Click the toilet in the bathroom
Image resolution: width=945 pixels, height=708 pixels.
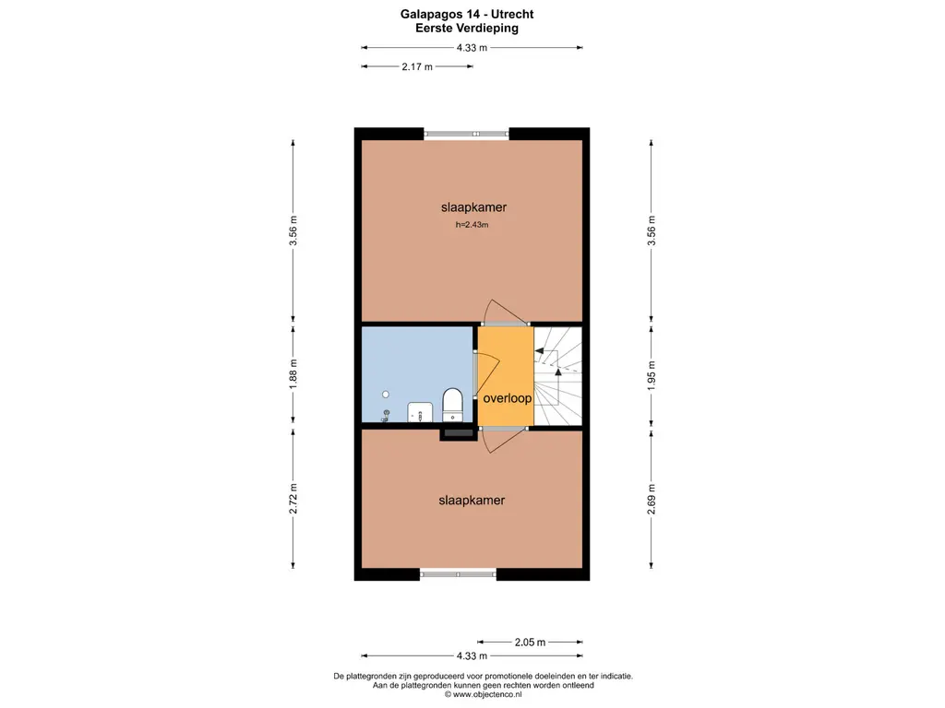(x=452, y=405)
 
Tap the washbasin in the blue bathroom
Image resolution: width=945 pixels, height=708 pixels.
(x=420, y=412)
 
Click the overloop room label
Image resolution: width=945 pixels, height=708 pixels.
(x=508, y=398)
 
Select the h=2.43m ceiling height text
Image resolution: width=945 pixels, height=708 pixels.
(x=472, y=225)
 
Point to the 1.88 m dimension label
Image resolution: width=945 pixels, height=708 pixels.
(x=293, y=374)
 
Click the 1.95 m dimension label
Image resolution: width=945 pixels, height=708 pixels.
(x=652, y=376)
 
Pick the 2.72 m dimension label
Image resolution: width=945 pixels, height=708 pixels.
(x=293, y=499)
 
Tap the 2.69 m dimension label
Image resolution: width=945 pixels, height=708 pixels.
(x=652, y=499)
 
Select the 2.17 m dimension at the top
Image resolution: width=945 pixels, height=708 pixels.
(x=417, y=66)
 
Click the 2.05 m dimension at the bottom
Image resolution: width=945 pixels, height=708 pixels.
(x=530, y=643)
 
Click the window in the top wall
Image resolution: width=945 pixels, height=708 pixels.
(x=466, y=134)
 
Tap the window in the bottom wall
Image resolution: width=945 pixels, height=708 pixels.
(x=458, y=574)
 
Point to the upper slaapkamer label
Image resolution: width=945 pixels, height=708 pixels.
(x=473, y=207)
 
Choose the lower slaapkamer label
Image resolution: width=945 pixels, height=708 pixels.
(x=472, y=501)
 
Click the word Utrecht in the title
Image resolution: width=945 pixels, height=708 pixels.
(x=512, y=14)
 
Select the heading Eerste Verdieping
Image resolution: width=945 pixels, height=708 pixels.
(x=467, y=28)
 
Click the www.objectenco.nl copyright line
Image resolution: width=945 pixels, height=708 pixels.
(x=484, y=694)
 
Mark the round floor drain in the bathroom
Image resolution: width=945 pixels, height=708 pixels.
(x=386, y=395)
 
